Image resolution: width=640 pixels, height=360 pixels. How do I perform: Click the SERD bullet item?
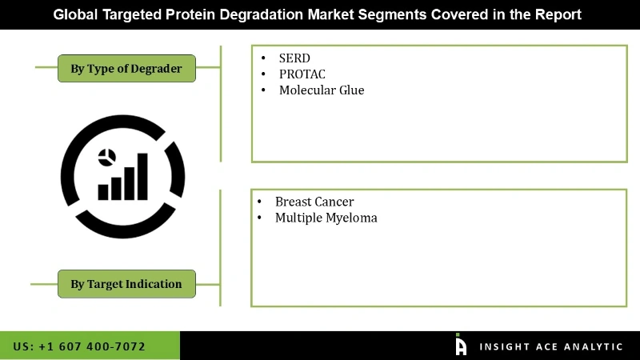(294, 58)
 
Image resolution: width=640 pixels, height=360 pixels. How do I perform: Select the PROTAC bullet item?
(302, 74)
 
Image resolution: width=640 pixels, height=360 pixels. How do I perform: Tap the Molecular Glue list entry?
(322, 90)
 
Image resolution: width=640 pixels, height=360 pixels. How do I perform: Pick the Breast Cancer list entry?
(314, 202)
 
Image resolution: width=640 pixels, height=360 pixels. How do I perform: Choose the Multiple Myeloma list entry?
(326, 218)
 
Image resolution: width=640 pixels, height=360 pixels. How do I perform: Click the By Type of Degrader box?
(126, 69)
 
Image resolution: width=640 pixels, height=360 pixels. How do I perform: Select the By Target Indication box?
(126, 284)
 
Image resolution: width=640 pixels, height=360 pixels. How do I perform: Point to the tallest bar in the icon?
(142, 177)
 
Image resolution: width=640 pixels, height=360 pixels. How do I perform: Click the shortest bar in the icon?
(103, 192)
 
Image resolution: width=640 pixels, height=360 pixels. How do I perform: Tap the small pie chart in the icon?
(107, 158)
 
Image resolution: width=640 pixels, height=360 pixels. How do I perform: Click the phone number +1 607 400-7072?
(92, 346)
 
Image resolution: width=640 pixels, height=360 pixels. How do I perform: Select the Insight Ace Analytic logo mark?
(461, 345)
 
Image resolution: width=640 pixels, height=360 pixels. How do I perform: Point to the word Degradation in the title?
(262, 14)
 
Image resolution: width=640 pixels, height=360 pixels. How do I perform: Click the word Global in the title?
(75, 14)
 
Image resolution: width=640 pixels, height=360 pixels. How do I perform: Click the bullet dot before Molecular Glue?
(263, 90)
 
